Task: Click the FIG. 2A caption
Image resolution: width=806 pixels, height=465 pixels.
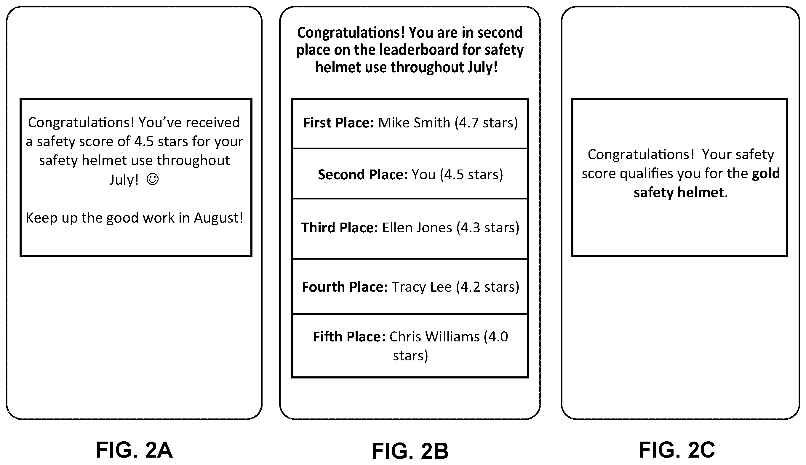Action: pos(134,450)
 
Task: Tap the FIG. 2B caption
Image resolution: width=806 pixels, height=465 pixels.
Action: pos(410,451)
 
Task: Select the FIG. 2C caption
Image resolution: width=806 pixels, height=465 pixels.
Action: pos(676,450)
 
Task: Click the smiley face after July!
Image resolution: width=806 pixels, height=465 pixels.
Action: pos(152,179)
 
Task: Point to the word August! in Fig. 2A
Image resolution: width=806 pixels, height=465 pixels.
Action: pos(219,218)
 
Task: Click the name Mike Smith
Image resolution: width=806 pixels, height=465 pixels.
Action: pos(414,123)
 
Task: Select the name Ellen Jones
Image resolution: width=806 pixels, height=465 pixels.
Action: pos(417,228)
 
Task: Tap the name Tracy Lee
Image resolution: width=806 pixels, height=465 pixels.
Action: pos(422,287)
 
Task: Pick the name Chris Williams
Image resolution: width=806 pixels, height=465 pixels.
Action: pos(434,337)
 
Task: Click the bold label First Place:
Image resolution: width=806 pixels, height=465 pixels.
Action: pos(338,123)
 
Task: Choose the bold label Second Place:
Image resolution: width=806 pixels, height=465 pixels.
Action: pos(363,174)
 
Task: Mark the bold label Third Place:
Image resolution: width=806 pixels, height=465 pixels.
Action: pos(340,228)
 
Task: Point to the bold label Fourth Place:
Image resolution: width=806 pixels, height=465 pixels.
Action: pos(345,287)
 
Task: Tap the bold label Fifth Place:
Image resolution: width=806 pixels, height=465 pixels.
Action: pos(349,337)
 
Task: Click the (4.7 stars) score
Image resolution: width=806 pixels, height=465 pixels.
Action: pos(486,123)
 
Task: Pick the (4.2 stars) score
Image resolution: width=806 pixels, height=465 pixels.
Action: pos(488,287)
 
